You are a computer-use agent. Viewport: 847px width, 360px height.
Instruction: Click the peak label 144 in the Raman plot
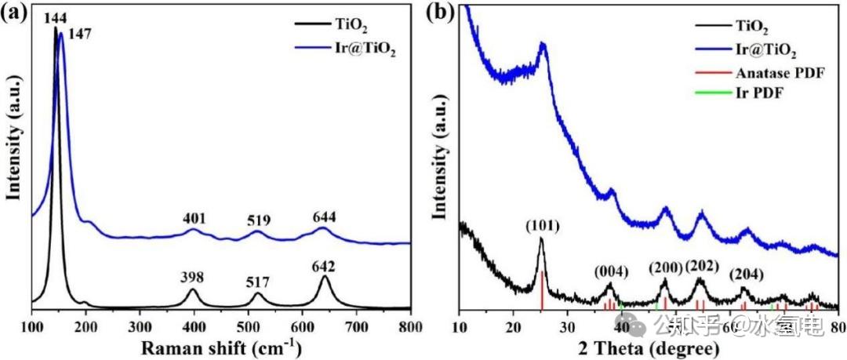(x=55, y=16)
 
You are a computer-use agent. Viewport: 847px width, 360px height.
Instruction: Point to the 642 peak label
(x=323, y=267)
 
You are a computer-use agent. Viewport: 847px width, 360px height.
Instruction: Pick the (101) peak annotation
(x=541, y=227)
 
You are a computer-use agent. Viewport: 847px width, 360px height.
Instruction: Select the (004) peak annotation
(x=610, y=272)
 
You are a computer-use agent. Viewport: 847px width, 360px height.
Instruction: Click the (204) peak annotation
(x=745, y=275)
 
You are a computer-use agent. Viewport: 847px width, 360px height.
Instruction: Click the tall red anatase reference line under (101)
(x=542, y=289)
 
